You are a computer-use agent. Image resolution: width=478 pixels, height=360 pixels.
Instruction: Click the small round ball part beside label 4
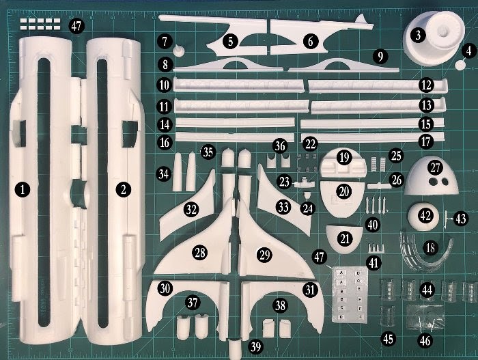tap(459, 63)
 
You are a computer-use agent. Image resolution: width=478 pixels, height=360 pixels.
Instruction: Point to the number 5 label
tap(231, 41)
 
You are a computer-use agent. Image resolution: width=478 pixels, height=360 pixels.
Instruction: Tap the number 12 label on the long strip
tap(427, 85)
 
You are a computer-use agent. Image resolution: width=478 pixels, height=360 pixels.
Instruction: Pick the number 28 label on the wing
tap(199, 252)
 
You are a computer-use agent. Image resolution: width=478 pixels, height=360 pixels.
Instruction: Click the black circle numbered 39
tap(255, 347)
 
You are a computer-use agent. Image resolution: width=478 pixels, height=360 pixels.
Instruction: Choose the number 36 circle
tap(279, 146)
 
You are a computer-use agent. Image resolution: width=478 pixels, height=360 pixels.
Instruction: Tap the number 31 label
tap(311, 290)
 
